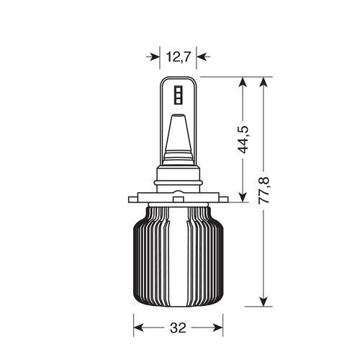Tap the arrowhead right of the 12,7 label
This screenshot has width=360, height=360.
point(201,55)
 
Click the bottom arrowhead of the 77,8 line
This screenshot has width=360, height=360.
point(265,300)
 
